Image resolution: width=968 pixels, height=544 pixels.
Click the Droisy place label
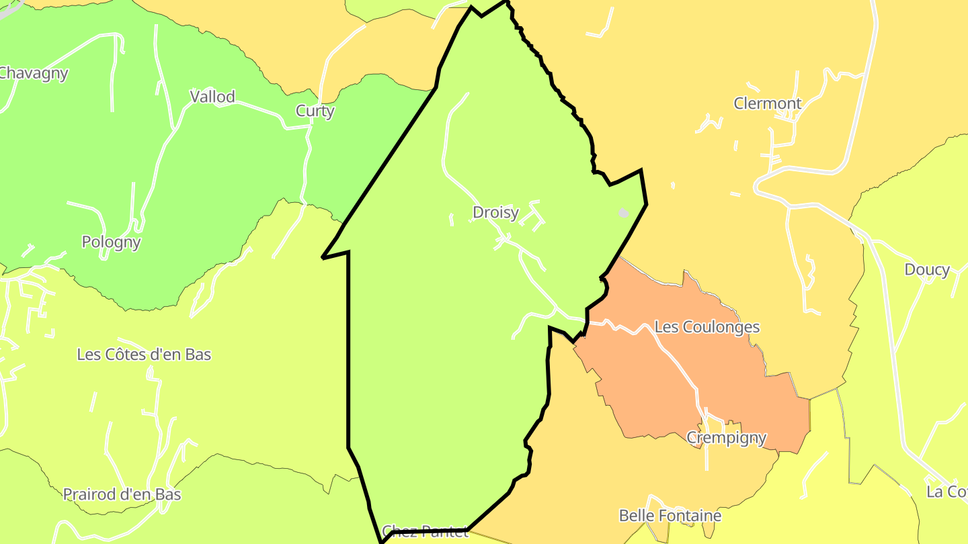point(495,213)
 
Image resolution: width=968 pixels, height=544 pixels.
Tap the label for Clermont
point(767,103)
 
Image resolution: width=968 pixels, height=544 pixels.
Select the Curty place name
point(315,111)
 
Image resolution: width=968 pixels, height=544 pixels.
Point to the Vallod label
point(212,97)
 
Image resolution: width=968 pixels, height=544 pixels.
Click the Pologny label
point(111,242)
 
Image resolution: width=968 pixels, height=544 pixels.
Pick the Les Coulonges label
point(707,327)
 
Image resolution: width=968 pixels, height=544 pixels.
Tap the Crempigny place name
point(726,438)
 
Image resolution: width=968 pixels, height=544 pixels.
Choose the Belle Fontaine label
point(670,516)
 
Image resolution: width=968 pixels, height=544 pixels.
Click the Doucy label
point(926,270)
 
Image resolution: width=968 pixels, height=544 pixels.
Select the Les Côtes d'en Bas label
point(144,355)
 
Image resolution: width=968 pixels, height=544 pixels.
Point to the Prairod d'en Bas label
point(122,495)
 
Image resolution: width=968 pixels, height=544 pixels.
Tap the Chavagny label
point(34,73)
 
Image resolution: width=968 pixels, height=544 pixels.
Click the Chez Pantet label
point(425,533)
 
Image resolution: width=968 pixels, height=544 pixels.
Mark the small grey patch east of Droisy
point(624,213)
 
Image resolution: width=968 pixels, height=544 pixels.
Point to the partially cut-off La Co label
point(946,492)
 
